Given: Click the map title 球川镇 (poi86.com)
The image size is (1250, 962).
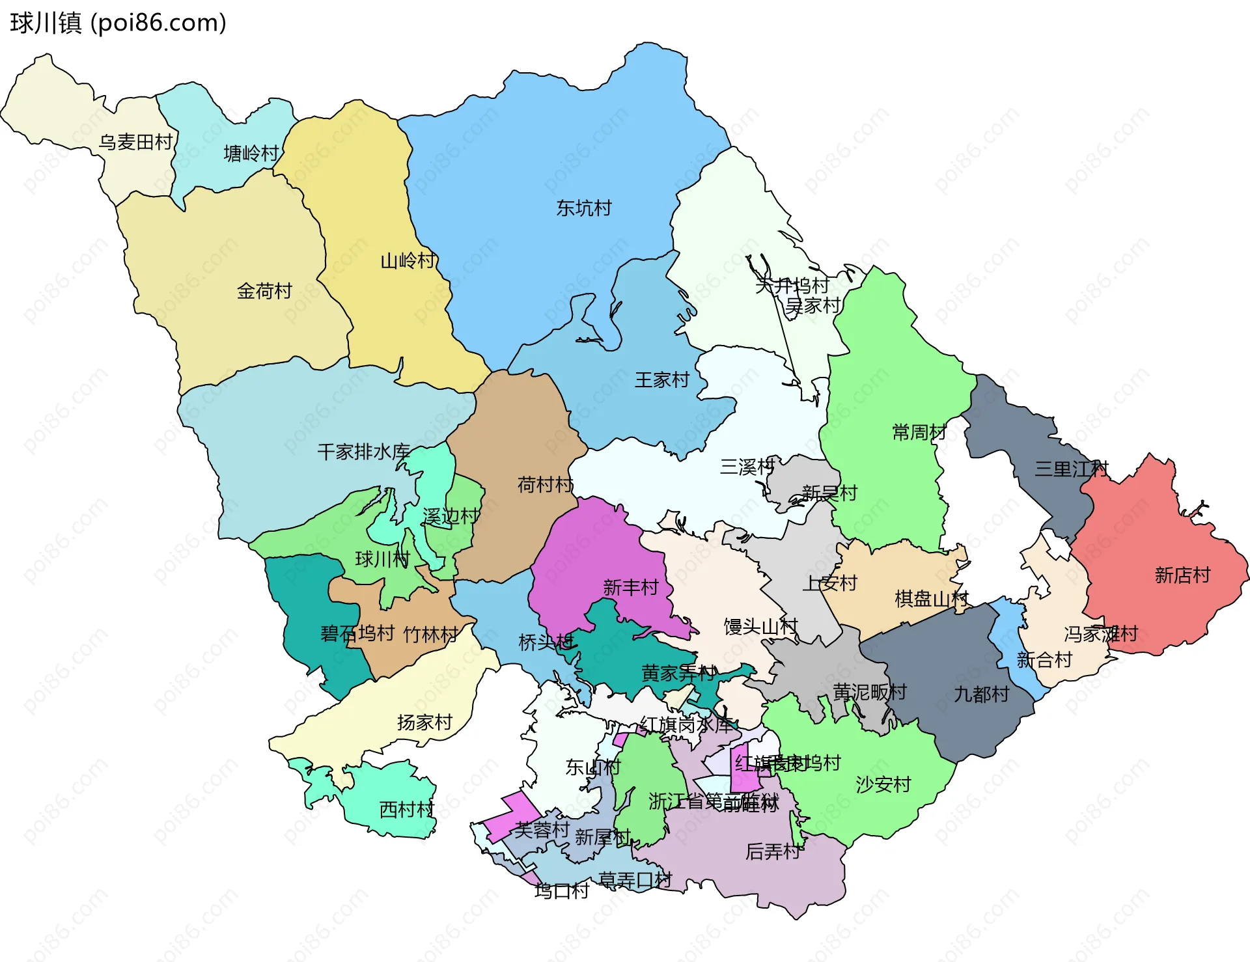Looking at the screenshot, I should point(118,23).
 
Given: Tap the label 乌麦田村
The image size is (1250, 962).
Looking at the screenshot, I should point(136,142).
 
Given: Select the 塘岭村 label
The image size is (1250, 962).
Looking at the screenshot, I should point(251,154).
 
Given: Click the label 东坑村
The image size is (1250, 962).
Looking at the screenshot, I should point(584,208).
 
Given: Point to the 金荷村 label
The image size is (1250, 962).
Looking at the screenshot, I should point(264,291).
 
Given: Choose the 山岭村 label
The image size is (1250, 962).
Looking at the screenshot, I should point(408,261).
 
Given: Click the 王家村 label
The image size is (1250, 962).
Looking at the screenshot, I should point(662,380).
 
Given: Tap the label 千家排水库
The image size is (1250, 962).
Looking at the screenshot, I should point(363,452).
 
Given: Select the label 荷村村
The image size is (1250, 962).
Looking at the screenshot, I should point(545,485).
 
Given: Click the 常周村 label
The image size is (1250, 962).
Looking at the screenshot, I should point(919,432).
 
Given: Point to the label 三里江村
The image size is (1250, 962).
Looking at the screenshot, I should point(1071,469).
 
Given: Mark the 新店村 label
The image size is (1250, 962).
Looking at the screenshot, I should point(1182,575).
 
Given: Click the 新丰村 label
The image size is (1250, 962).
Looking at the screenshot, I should point(630,588).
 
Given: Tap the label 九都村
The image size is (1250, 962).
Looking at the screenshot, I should point(981,694).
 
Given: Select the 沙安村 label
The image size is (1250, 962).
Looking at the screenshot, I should point(883,785).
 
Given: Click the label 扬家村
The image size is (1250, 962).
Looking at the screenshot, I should point(424,722).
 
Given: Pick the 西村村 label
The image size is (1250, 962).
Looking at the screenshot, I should point(407,810).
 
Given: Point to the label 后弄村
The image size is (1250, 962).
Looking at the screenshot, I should point(773,851).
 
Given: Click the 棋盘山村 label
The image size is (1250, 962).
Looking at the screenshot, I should point(932,599).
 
